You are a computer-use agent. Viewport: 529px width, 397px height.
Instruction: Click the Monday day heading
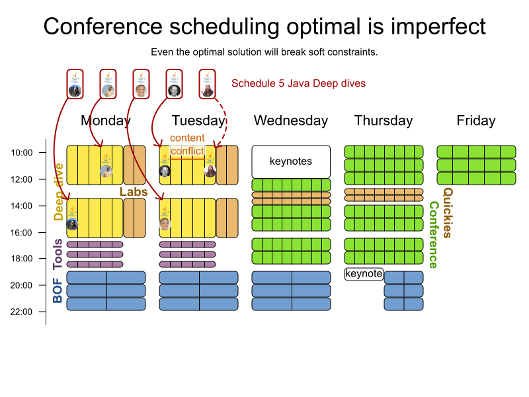(x=106, y=120)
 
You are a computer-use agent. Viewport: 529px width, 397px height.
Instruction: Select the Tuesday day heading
(x=198, y=120)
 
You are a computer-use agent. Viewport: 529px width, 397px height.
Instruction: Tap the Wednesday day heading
(x=291, y=120)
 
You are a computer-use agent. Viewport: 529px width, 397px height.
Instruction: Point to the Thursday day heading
(x=384, y=120)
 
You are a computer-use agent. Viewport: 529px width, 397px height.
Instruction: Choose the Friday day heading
(x=476, y=120)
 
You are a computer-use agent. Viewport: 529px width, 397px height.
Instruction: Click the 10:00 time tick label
(x=22, y=153)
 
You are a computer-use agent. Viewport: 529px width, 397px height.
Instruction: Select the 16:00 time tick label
(x=22, y=232)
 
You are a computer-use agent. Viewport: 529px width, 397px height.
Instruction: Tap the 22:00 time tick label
(x=22, y=312)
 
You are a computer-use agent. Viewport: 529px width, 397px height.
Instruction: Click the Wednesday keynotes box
(x=291, y=161)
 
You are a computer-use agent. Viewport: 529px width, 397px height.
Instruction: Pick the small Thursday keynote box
(x=364, y=273)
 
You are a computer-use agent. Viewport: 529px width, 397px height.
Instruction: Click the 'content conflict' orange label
(x=187, y=144)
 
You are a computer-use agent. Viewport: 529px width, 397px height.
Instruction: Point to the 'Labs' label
(x=134, y=192)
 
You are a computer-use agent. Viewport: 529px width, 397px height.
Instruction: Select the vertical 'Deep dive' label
(x=59, y=191)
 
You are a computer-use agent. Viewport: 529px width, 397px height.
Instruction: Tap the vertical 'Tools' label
(x=58, y=254)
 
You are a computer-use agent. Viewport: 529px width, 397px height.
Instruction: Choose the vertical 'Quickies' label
(x=448, y=212)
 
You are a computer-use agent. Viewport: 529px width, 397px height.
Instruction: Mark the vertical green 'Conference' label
(x=434, y=235)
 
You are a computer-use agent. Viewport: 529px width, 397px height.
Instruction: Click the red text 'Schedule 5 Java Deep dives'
(x=298, y=84)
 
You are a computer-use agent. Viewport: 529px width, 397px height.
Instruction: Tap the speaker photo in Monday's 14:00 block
(x=72, y=224)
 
